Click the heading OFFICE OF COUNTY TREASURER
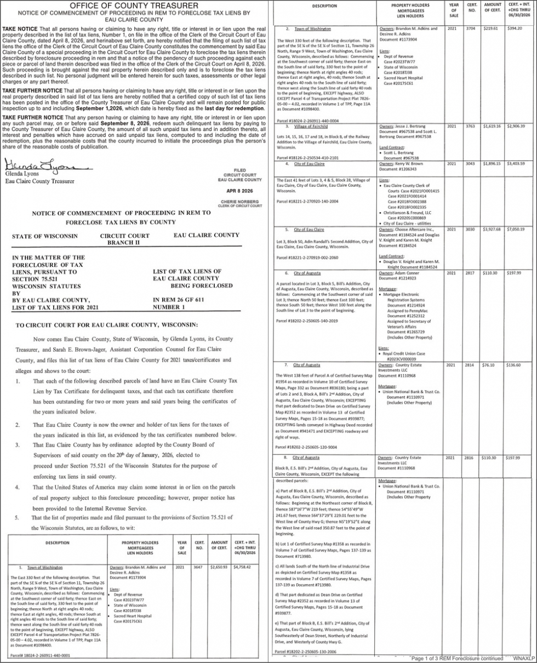point(134,5)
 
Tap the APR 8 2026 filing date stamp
point(239,191)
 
